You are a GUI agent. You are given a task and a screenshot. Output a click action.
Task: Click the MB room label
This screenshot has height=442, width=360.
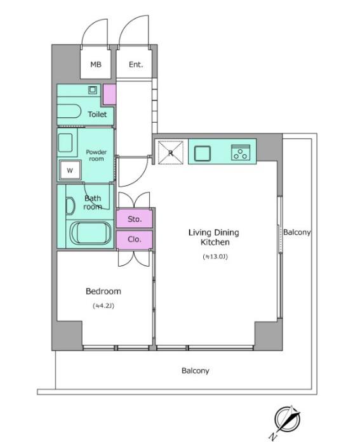pos(96,65)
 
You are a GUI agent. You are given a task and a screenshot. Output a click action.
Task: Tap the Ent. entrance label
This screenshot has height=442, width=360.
pos(136,65)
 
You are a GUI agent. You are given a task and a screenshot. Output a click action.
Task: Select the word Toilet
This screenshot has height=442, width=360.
pos(97,114)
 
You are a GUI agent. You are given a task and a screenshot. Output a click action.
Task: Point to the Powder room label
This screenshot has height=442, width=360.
pos(97,156)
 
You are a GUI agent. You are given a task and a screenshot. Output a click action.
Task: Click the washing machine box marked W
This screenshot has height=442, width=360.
pos(70,170)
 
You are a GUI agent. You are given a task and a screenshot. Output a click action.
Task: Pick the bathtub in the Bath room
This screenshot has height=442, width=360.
pos(91,233)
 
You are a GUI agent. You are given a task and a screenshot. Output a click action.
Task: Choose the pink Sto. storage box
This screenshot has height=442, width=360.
pos(135,218)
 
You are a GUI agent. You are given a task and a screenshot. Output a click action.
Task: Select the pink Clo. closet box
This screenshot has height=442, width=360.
pos(135,240)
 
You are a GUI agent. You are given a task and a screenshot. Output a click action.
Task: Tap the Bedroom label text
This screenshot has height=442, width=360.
pos(103,291)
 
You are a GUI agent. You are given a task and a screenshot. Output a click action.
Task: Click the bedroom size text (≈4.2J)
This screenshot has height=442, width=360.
pos(103,306)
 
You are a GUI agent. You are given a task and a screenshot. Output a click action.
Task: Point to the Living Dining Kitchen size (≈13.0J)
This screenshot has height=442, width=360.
pos(215,257)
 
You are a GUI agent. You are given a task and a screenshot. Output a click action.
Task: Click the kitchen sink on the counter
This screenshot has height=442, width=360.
pos(203,153)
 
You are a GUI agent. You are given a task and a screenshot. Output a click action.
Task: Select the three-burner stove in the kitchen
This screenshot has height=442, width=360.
pos(241,152)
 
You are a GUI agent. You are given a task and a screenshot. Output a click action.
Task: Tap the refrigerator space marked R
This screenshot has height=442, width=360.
pos(171,152)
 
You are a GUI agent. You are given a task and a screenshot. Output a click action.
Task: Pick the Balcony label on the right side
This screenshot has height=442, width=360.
pos(297,232)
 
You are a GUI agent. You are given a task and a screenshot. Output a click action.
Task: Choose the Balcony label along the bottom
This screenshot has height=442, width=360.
pos(196,371)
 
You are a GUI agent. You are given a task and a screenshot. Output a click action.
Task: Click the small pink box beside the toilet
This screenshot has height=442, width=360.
pos(109,94)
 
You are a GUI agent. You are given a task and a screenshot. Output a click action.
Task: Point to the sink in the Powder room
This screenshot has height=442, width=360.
pos(65,143)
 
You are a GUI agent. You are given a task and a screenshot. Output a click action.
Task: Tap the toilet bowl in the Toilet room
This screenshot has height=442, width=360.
pos(69,111)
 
